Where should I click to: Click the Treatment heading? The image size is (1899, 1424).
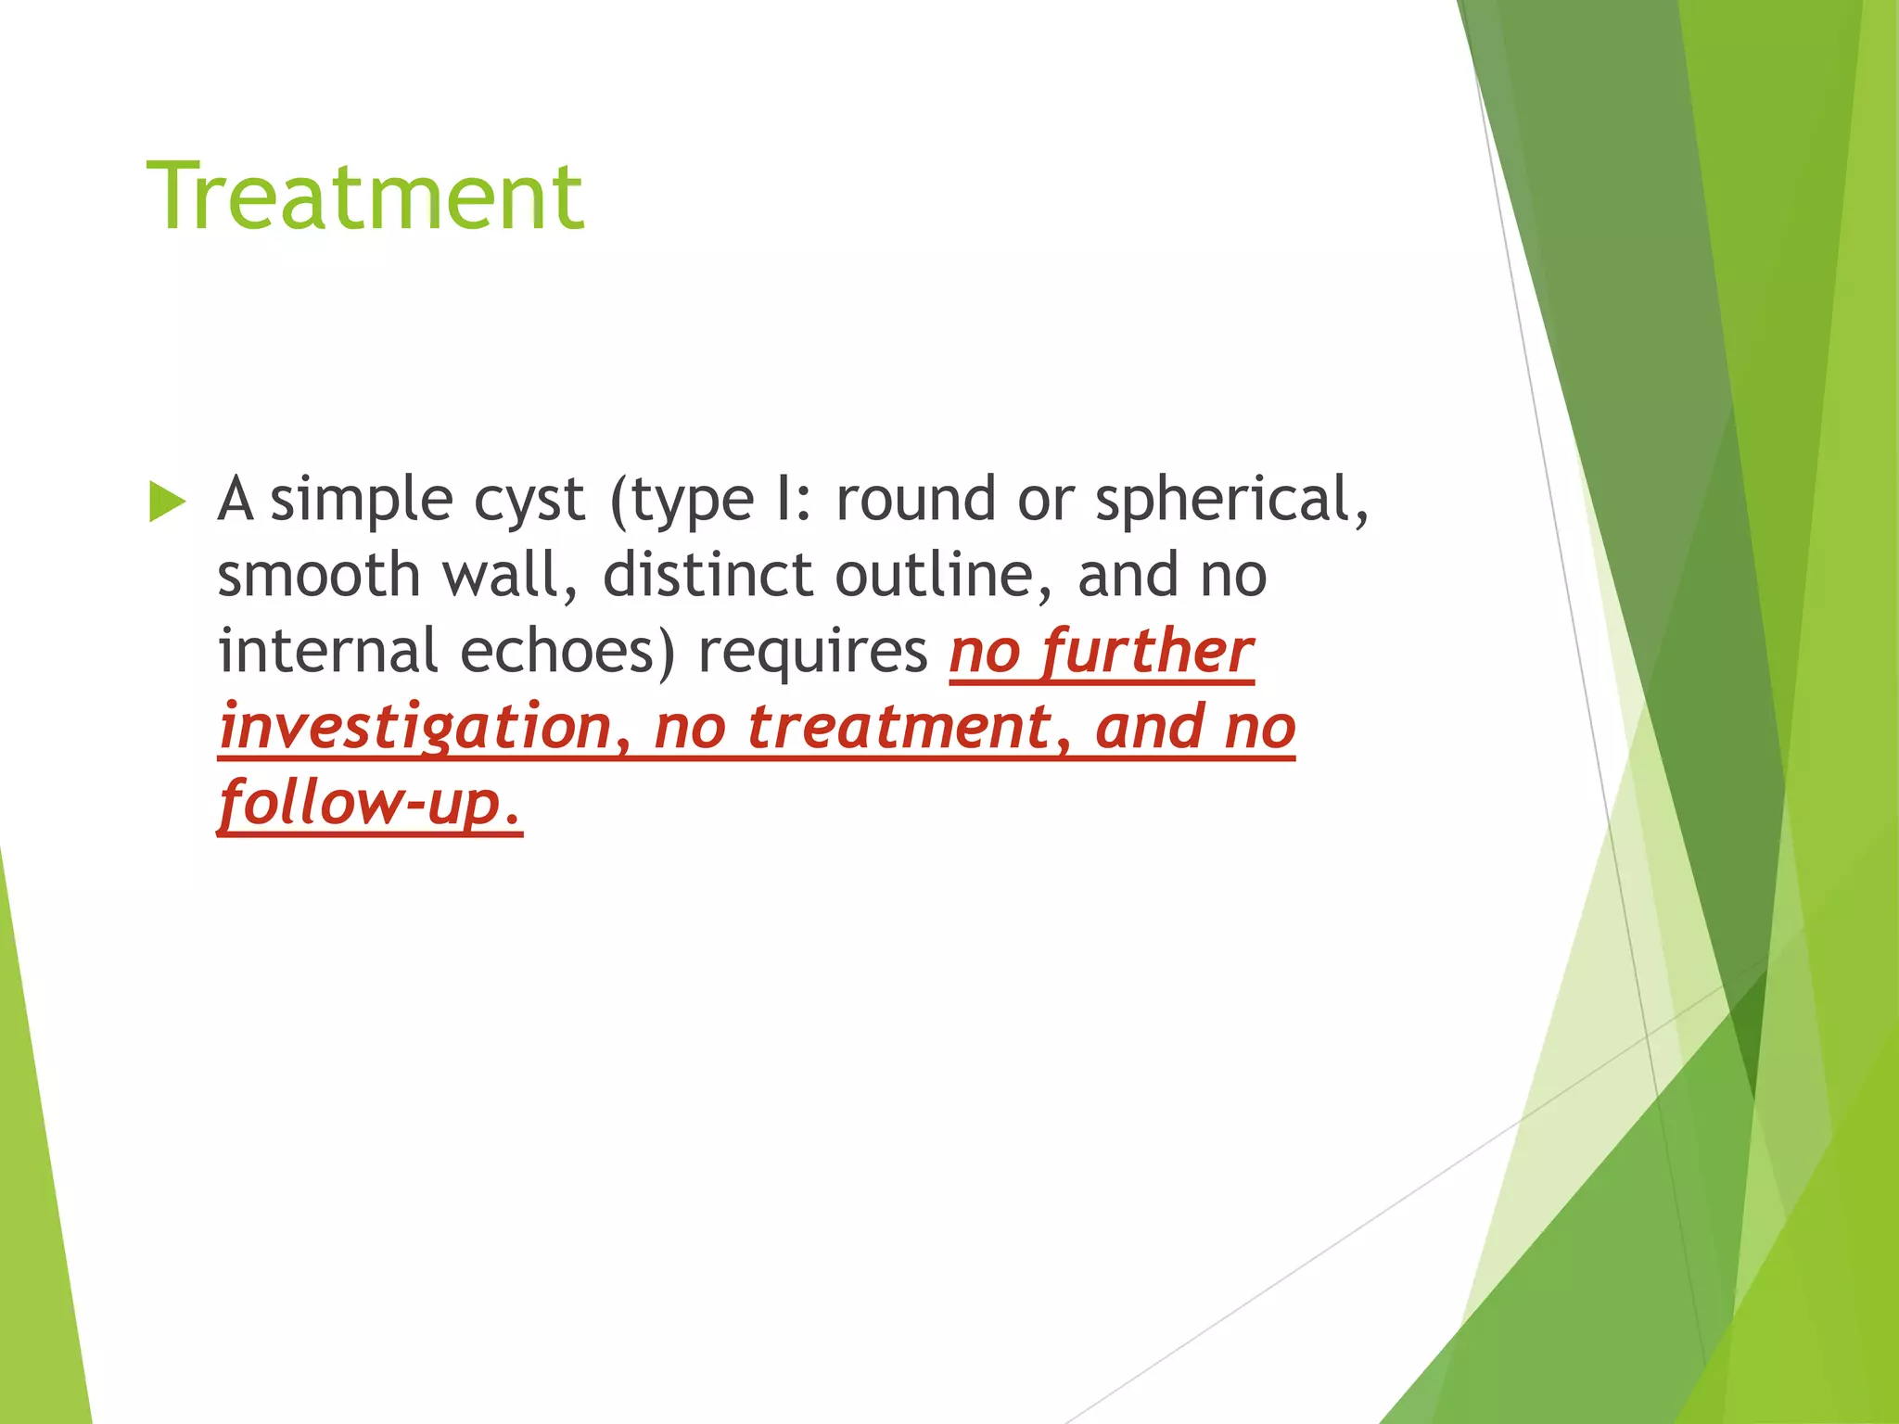click(x=365, y=197)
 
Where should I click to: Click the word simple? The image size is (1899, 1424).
click(x=362, y=502)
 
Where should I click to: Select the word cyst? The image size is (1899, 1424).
click(x=529, y=502)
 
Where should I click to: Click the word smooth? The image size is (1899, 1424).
click(x=319, y=576)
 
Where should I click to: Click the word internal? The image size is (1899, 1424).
click(x=327, y=651)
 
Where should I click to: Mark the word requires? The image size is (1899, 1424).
click(x=812, y=653)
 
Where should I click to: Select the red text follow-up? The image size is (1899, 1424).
click(x=369, y=803)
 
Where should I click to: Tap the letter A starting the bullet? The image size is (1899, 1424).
click(x=236, y=500)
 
